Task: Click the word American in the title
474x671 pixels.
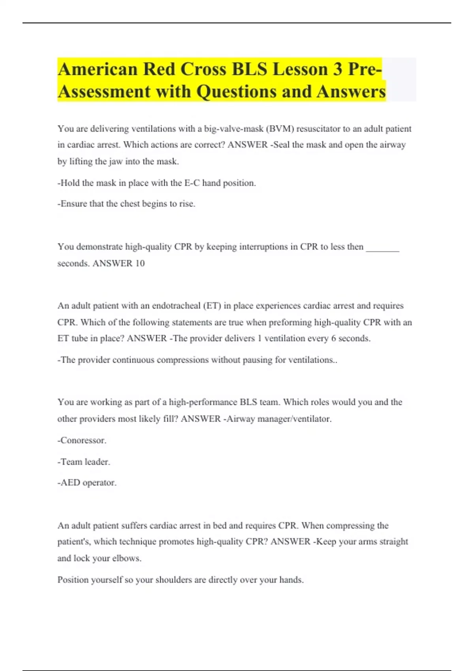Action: coord(97,69)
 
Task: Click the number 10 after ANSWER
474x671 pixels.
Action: coord(140,263)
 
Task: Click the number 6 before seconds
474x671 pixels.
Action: coord(334,338)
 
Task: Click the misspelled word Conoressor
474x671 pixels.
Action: coord(83,440)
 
